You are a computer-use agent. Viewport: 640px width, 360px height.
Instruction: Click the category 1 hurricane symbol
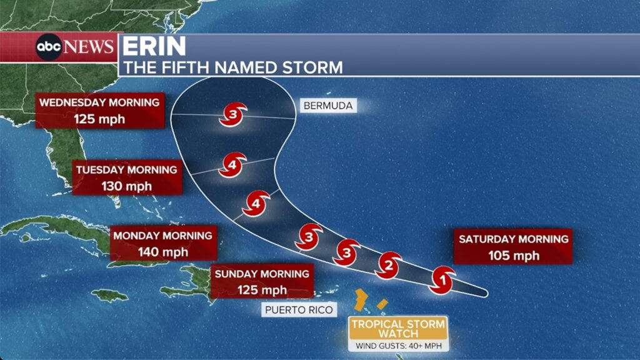442,279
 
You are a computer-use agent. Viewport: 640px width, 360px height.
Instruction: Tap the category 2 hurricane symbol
388,266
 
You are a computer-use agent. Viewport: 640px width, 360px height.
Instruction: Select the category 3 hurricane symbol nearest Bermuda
232,115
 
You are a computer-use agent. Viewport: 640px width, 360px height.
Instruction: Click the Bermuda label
327,106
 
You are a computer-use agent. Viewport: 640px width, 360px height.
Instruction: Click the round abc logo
49,47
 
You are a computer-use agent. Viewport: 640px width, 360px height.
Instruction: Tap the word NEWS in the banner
89,47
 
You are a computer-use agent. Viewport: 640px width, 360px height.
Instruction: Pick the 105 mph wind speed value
512,254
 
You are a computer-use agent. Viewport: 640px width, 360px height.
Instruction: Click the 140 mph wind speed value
162,252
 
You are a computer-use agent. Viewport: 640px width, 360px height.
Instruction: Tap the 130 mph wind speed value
127,186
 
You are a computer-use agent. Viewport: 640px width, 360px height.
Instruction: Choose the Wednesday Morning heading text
100,102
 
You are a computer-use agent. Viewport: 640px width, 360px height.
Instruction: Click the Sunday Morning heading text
261,274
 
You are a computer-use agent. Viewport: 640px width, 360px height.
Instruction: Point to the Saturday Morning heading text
513,239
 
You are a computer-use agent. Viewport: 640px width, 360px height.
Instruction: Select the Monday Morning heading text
162,236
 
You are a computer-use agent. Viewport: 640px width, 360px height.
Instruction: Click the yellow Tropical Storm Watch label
398,328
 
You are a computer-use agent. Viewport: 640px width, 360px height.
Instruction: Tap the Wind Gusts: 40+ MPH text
398,345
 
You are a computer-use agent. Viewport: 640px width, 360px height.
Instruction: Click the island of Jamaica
109,294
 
